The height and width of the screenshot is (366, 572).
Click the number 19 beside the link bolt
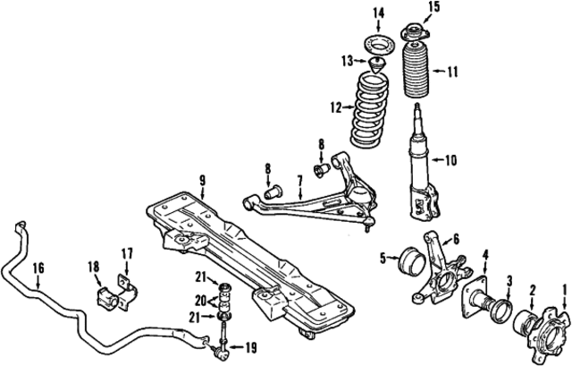coord(249,346)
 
